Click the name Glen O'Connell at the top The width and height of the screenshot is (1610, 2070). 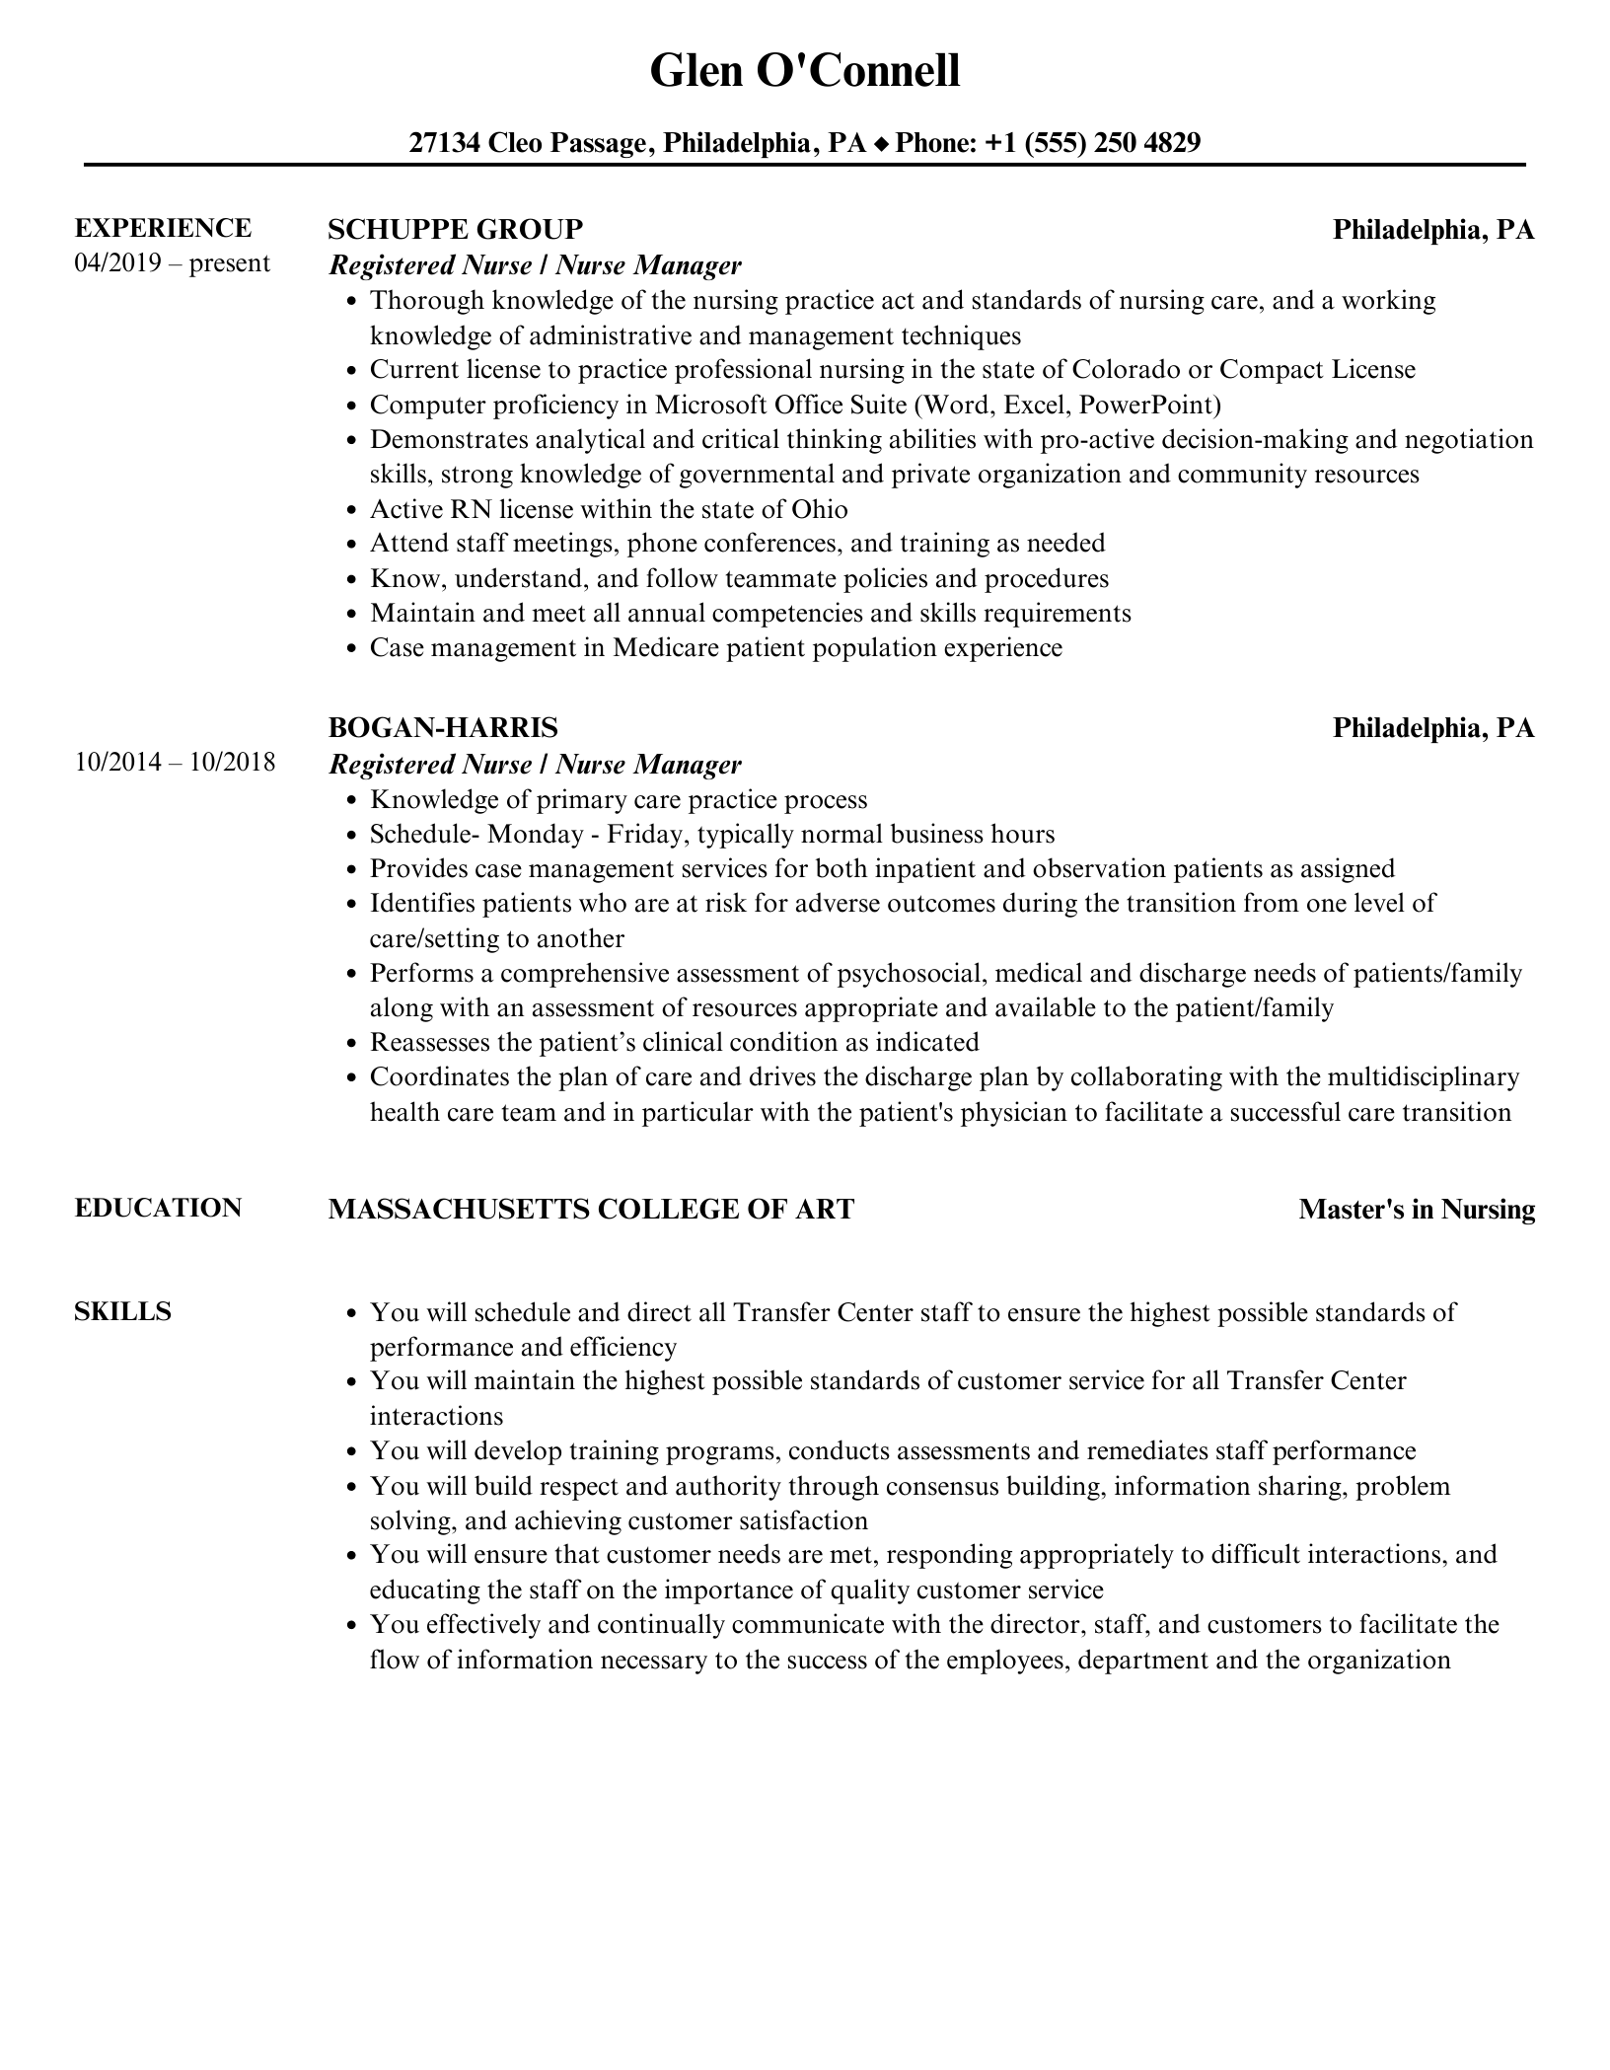804,72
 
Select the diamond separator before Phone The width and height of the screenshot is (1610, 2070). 881,144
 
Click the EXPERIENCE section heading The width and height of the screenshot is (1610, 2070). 163,228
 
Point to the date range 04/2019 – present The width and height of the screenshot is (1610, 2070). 172,263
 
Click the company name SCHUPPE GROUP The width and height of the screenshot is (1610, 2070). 455,229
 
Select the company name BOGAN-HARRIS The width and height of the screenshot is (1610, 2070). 442,727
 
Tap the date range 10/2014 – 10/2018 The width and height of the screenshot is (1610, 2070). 175,763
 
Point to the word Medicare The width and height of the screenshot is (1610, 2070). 663,648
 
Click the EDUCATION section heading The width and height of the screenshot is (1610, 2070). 158,1209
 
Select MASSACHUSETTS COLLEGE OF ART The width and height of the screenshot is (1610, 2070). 591,1210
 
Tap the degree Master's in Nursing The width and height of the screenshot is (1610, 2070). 1417,1210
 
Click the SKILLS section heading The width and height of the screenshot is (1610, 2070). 122,1312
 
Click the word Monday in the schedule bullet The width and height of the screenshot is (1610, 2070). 535,835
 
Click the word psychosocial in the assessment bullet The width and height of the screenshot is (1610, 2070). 912,974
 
